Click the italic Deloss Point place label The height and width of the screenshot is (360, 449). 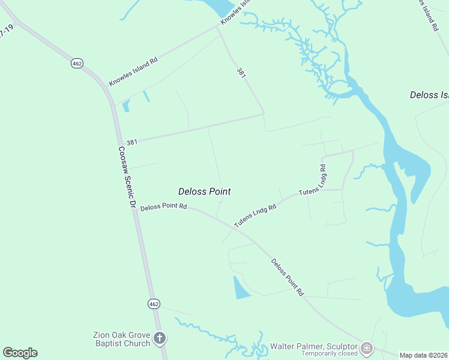click(205, 191)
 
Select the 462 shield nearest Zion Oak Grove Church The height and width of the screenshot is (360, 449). click(154, 304)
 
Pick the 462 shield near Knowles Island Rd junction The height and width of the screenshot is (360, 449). click(77, 63)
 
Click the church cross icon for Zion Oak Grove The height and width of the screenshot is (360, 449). click(160, 338)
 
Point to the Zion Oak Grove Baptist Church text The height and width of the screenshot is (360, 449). click(121, 339)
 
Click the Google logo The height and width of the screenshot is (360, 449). click(20, 353)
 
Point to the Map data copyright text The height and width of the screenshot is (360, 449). click(424, 355)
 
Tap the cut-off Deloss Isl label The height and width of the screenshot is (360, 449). click(429, 95)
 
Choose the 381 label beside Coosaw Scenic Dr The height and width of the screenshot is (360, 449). click(132, 142)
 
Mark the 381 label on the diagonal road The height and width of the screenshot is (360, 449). click(241, 73)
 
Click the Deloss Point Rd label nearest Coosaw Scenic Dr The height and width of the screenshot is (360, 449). click(164, 207)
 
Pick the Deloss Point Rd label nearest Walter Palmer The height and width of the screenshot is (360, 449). click(287, 277)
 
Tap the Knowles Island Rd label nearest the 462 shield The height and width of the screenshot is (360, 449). click(133, 71)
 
